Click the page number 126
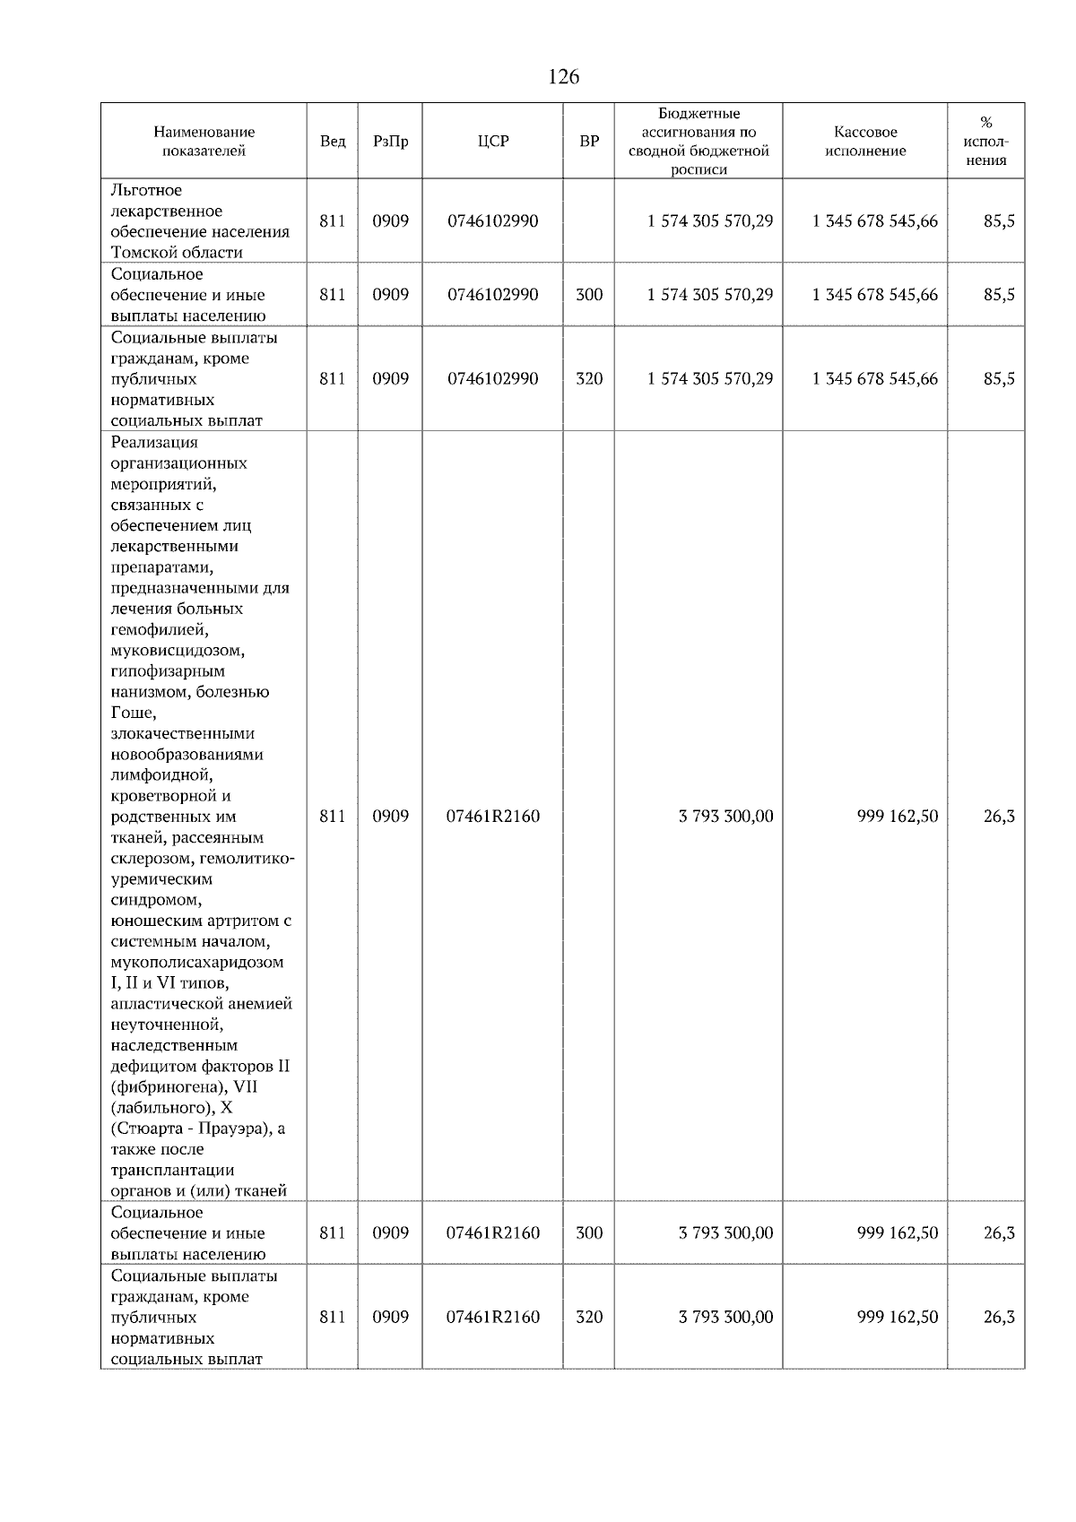tap(563, 77)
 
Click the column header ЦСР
tap(492, 142)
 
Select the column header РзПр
tap(390, 142)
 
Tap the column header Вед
tap(333, 142)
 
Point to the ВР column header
tap(589, 142)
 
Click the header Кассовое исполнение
tap(865, 142)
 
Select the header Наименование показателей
tap(204, 142)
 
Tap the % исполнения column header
tap(985, 142)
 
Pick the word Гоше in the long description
tap(133, 713)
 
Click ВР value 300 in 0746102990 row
tap(589, 295)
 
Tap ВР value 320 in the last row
tap(589, 1318)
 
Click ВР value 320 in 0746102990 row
tap(589, 379)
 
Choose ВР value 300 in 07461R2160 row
tap(589, 1233)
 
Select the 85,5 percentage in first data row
tap(998, 221)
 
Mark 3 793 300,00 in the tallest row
tap(725, 817)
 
